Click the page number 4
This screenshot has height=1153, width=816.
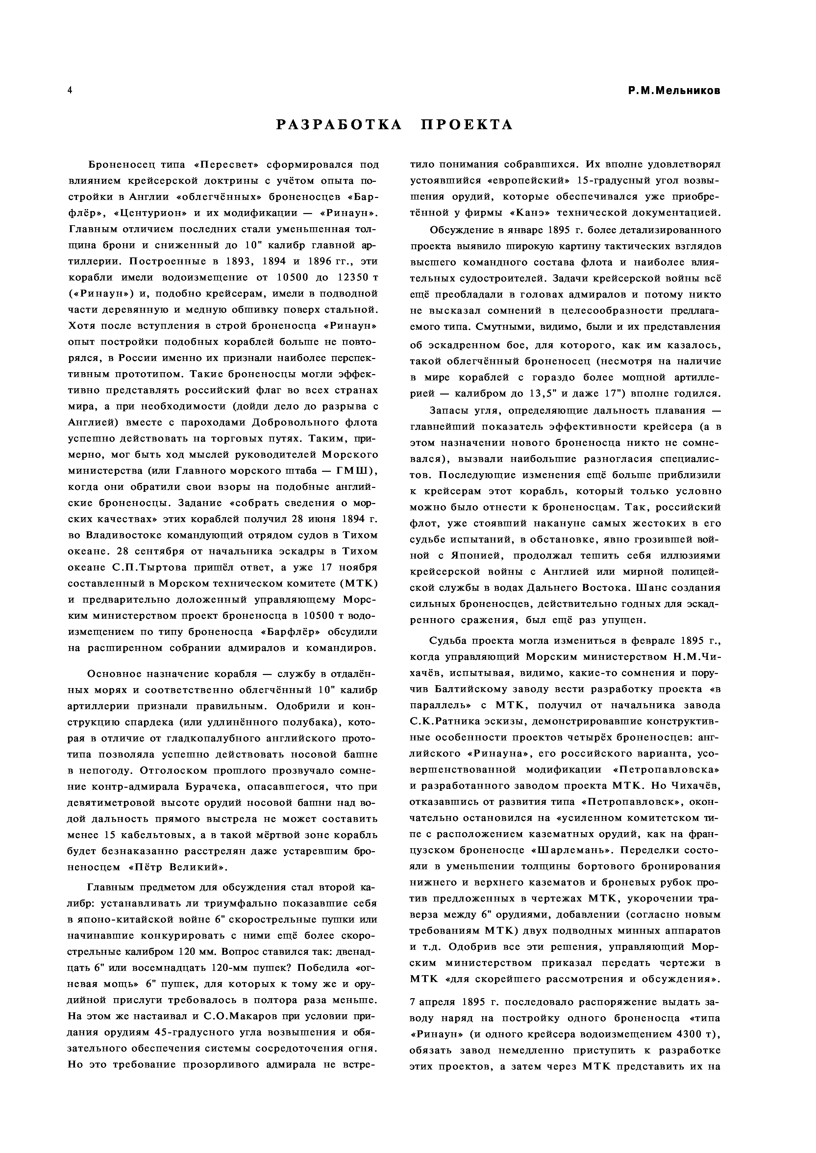pyautogui.click(x=70, y=90)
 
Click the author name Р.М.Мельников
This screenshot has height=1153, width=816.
pyautogui.click(x=674, y=91)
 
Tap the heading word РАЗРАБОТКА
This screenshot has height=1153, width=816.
pyautogui.click(x=340, y=125)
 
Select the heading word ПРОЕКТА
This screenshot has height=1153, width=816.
pyautogui.click(x=467, y=125)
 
